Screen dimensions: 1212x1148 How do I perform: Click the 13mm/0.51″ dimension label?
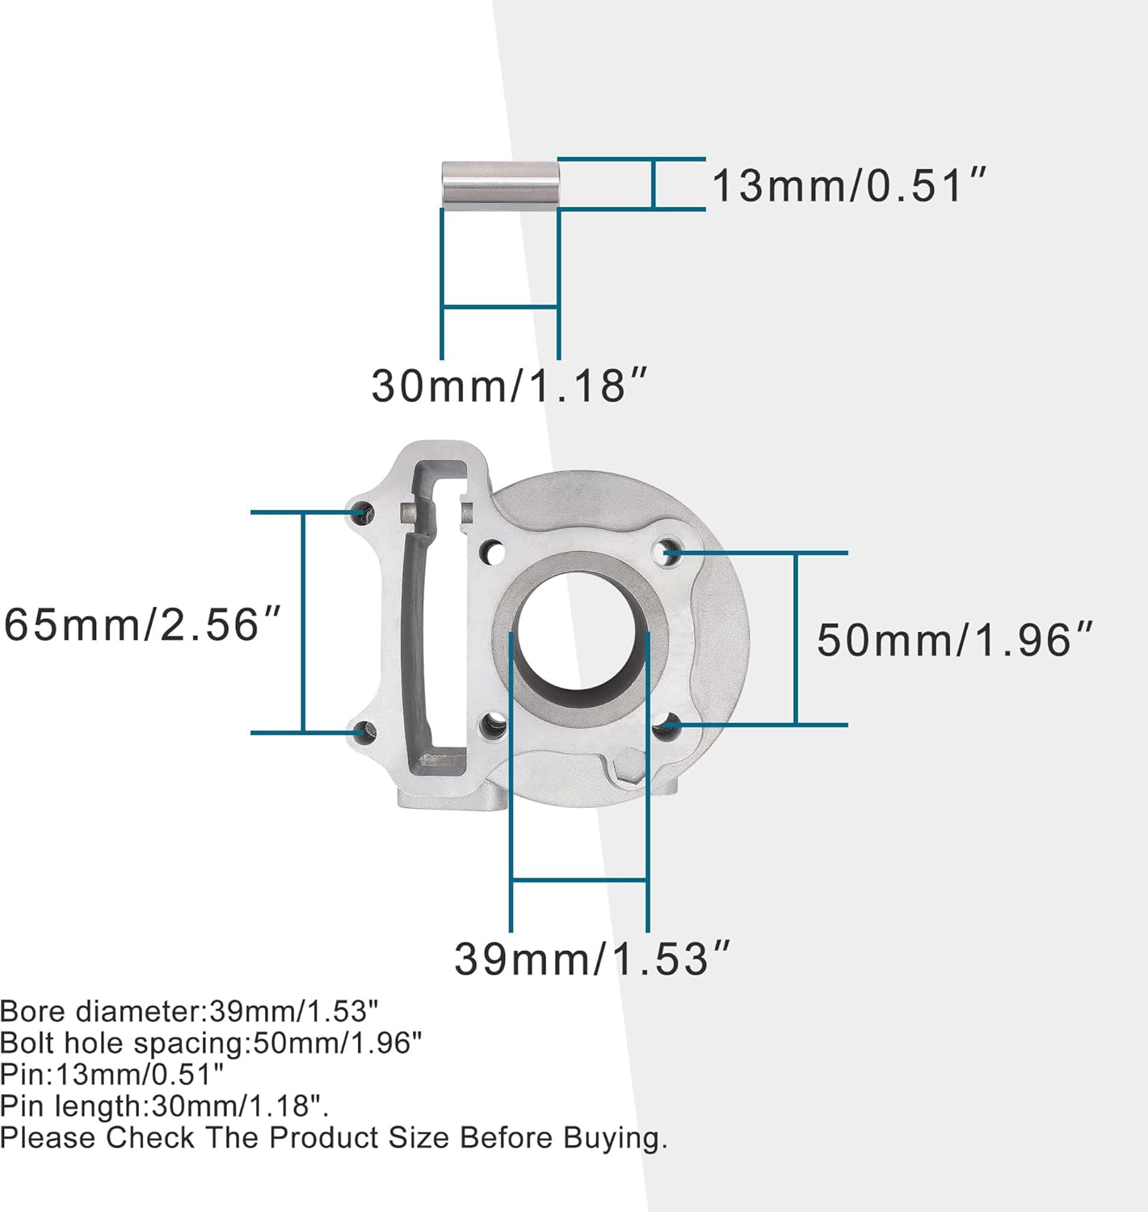coord(848,186)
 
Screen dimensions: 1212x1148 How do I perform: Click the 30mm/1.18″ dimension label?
coord(510,385)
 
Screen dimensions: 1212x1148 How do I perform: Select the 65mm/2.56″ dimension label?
coord(142,625)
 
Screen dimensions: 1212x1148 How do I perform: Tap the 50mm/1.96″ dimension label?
coord(954,640)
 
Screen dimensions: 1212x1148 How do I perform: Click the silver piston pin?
coord(500,185)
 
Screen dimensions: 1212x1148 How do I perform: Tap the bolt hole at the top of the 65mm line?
coord(364,511)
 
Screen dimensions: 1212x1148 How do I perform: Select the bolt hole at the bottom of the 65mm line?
coord(364,733)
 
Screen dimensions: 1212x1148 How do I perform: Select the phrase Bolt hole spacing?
coord(121,1043)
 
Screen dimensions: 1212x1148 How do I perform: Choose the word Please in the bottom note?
coord(48,1138)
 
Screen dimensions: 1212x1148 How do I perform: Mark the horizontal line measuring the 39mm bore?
coord(579,879)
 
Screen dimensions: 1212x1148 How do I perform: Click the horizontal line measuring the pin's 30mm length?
coord(500,306)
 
